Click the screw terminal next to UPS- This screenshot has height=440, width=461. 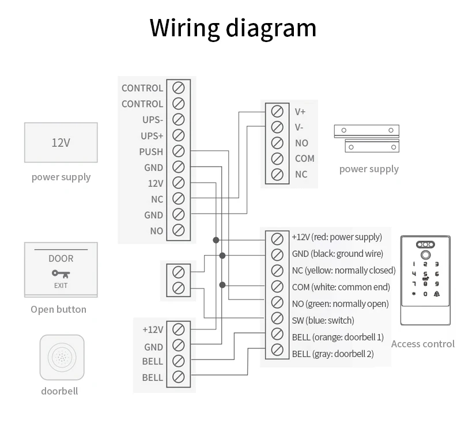click(179, 120)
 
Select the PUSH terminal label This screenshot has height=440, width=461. click(151, 152)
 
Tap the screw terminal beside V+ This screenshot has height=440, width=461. click(277, 111)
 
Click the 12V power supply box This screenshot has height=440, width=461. click(61, 142)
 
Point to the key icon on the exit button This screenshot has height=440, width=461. click(61, 273)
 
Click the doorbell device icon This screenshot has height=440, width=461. click(62, 358)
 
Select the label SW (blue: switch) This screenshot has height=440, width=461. click(323, 320)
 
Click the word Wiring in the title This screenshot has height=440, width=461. click(184, 28)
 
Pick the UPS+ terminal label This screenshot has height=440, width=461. click(152, 136)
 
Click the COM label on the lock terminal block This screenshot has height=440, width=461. click(304, 158)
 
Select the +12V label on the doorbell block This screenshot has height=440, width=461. click(153, 330)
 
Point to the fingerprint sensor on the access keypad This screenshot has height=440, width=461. click(425, 255)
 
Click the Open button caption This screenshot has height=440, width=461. click(58, 309)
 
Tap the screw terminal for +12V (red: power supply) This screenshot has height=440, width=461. click(277, 238)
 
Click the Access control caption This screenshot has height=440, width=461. click(422, 344)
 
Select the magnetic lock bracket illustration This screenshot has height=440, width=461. click(367, 138)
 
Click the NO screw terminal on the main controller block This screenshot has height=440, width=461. click(179, 230)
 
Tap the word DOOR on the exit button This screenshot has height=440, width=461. click(61, 259)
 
